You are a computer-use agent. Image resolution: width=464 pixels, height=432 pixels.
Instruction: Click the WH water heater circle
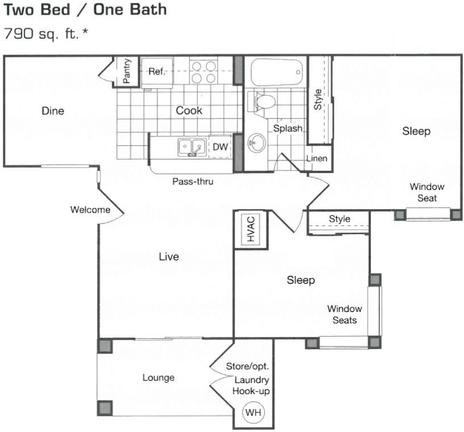tap(253, 412)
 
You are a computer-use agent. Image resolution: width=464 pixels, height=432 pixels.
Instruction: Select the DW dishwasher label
tap(220, 147)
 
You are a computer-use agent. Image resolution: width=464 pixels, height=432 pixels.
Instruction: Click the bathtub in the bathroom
tap(277, 72)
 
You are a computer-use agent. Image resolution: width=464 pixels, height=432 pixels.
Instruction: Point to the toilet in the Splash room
tap(263, 102)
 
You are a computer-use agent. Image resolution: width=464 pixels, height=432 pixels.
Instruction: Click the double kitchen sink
tap(191, 147)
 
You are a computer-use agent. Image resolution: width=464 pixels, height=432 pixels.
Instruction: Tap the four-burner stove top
tap(204, 72)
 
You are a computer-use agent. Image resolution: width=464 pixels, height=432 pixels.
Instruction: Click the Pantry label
tap(127, 71)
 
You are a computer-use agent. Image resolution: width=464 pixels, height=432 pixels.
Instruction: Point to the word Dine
tap(53, 111)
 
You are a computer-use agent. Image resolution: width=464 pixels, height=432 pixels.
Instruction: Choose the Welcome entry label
tap(90, 210)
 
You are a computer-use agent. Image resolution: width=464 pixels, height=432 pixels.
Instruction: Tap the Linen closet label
tap(316, 158)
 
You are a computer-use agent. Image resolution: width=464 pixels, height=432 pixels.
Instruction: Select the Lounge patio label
tap(158, 377)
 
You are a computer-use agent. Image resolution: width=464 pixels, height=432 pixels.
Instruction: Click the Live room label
tap(169, 257)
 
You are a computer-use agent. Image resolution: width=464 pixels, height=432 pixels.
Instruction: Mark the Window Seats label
tap(344, 314)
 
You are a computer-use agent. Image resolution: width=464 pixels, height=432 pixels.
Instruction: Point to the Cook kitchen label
tap(189, 111)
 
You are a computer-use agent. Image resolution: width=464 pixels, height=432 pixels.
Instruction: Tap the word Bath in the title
tap(144, 10)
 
